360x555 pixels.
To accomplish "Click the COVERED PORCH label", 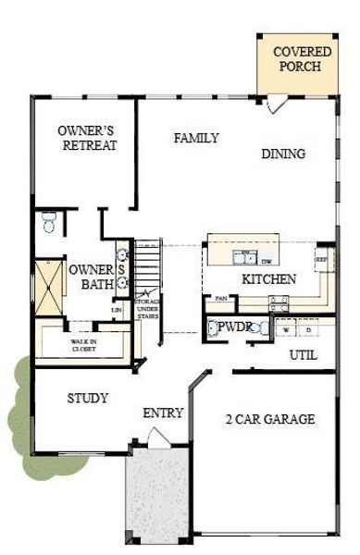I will (296, 58).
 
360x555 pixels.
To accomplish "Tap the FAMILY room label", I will (196, 139).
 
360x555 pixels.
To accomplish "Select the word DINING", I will (283, 154).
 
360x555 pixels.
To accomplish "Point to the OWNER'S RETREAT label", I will (86, 138).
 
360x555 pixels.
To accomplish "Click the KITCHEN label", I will (268, 279).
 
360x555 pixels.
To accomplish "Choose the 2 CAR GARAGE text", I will (269, 419).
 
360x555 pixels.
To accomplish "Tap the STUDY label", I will (88, 399).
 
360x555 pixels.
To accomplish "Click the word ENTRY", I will (163, 413).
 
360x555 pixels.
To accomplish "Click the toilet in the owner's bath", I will (50, 222).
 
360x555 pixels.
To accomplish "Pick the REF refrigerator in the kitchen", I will (323, 262).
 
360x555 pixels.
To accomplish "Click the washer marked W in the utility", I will (288, 329).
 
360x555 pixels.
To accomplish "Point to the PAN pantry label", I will (221, 298).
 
